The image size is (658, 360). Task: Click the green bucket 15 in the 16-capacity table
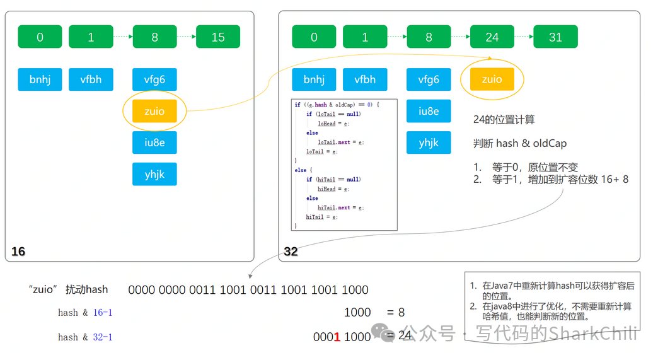[x=218, y=37]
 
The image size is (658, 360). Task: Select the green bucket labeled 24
[x=492, y=37]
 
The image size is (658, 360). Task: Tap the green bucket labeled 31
[x=555, y=37]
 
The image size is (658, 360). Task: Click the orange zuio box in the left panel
[x=154, y=111]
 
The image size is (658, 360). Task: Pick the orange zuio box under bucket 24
[x=492, y=79]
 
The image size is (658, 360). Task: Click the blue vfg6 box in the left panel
[x=154, y=79]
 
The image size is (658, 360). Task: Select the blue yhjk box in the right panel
[x=429, y=142]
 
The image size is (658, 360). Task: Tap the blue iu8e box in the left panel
[x=154, y=142]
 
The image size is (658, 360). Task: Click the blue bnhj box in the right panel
[x=314, y=79]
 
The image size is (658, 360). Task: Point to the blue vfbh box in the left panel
[x=91, y=79]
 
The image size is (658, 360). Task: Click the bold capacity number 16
[x=18, y=252]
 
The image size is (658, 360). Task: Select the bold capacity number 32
[x=291, y=252]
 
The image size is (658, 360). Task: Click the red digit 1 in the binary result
[x=337, y=337]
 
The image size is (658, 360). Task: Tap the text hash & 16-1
[x=85, y=313]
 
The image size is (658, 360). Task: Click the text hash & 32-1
[x=85, y=337]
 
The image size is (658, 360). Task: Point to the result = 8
[x=396, y=312]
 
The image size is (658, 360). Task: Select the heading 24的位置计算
[x=504, y=119]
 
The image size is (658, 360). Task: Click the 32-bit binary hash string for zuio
[x=248, y=290]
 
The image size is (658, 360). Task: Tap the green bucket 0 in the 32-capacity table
[x=314, y=37]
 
